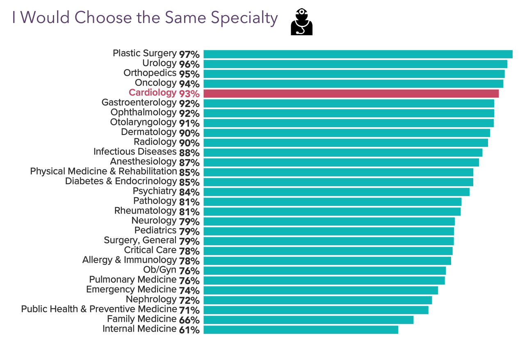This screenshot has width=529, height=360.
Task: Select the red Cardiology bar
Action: pyautogui.click(x=351, y=93)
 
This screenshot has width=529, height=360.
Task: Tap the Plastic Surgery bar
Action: pyautogui.click(x=358, y=54)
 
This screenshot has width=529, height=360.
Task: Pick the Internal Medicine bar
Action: pyautogui.click(x=301, y=330)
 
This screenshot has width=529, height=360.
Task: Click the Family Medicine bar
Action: pyautogui.click(x=308, y=320)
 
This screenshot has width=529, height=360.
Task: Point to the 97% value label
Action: pyautogui.click(x=189, y=55)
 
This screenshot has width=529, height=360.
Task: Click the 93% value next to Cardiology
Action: pyautogui.click(x=189, y=94)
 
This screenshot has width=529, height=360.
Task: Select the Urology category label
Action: pyautogui.click(x=159, y=64)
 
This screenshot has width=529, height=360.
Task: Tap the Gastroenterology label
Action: pyautogui.click(x=139, y=103)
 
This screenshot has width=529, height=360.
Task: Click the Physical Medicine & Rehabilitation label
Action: pyautogui.click(x=103, y=172)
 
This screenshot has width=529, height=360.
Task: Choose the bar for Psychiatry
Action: pyautogui.click(x=336, y=192)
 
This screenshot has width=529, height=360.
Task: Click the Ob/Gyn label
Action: pyautogui.click(x=160, y=270)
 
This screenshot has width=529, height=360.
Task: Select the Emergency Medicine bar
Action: pyautogui.click(x=321, y=290)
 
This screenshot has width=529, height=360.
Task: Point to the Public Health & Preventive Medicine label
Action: pyautogui.click(x=99, y=310)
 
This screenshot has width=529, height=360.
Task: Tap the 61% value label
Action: pyautogui.click(x=189, y=330)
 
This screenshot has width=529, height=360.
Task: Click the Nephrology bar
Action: pyautogui.click(x=317, y=300)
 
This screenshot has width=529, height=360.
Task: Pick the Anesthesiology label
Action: pyautogui.click(x=143, y=162)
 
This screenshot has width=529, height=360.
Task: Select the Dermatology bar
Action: pyautogui.click(x=347, y=133)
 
